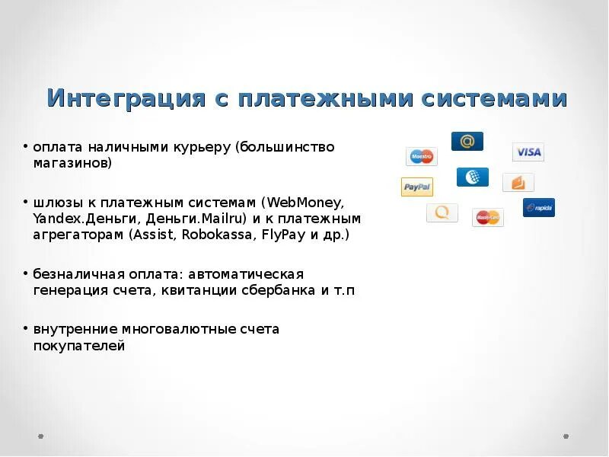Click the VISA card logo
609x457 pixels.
click(528, 152)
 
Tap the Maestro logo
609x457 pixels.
click(421, 156)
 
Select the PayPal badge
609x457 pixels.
click(417, 187)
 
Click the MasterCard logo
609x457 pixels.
click(487, 217)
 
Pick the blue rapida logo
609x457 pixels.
click(539, 207)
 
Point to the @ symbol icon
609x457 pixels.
click(467, 141)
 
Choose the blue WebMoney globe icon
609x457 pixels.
click(473, 177)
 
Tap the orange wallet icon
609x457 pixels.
click(518, 183)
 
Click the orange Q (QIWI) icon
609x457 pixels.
click(442, 213)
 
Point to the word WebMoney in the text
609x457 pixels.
click(304, 203)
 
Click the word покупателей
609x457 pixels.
click(78, 346)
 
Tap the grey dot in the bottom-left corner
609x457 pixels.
click(41, 436)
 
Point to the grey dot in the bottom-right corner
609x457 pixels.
click(566, 436)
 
